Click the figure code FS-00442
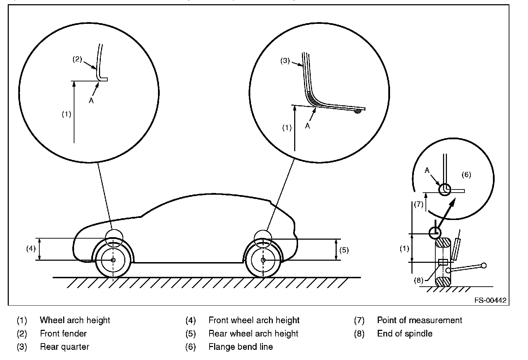pos(490,300)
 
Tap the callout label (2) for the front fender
pos(77,59)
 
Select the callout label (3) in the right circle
pos(285,61)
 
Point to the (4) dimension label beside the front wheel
pos(31,249)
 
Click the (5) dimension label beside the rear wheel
pos(344,250)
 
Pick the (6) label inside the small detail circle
pos(466,175)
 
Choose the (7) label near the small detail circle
pos(419,204)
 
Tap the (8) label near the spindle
pos(419,280)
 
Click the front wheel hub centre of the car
pos(113,260)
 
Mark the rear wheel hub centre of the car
pos(263,260)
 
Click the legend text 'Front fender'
pos(63,333)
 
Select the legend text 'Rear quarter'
pos(65,347)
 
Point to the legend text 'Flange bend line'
pos(240,347)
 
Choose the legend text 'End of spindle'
pos(404,333)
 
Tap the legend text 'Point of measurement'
pos(420,320)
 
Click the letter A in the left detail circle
pos(91,100)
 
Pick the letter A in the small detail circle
pos(427,170)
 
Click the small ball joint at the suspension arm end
pos(484,265)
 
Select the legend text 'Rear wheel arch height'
pos(253,333)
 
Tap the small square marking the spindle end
pos(443,262)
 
